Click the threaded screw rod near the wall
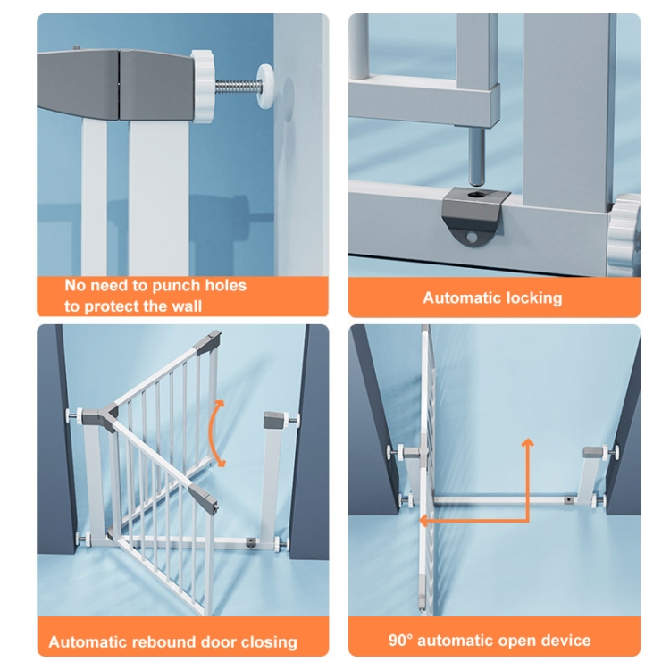pos(237,88)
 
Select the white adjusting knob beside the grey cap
pos(201,87)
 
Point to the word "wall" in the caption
pos(186,306)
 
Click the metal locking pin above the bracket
pos(476,156)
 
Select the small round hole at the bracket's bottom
pos(472,237)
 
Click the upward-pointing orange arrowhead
pos(528,443)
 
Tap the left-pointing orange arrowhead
pos(423,521)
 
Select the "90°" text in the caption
pos(401,641)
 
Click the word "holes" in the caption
pos(226,285)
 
